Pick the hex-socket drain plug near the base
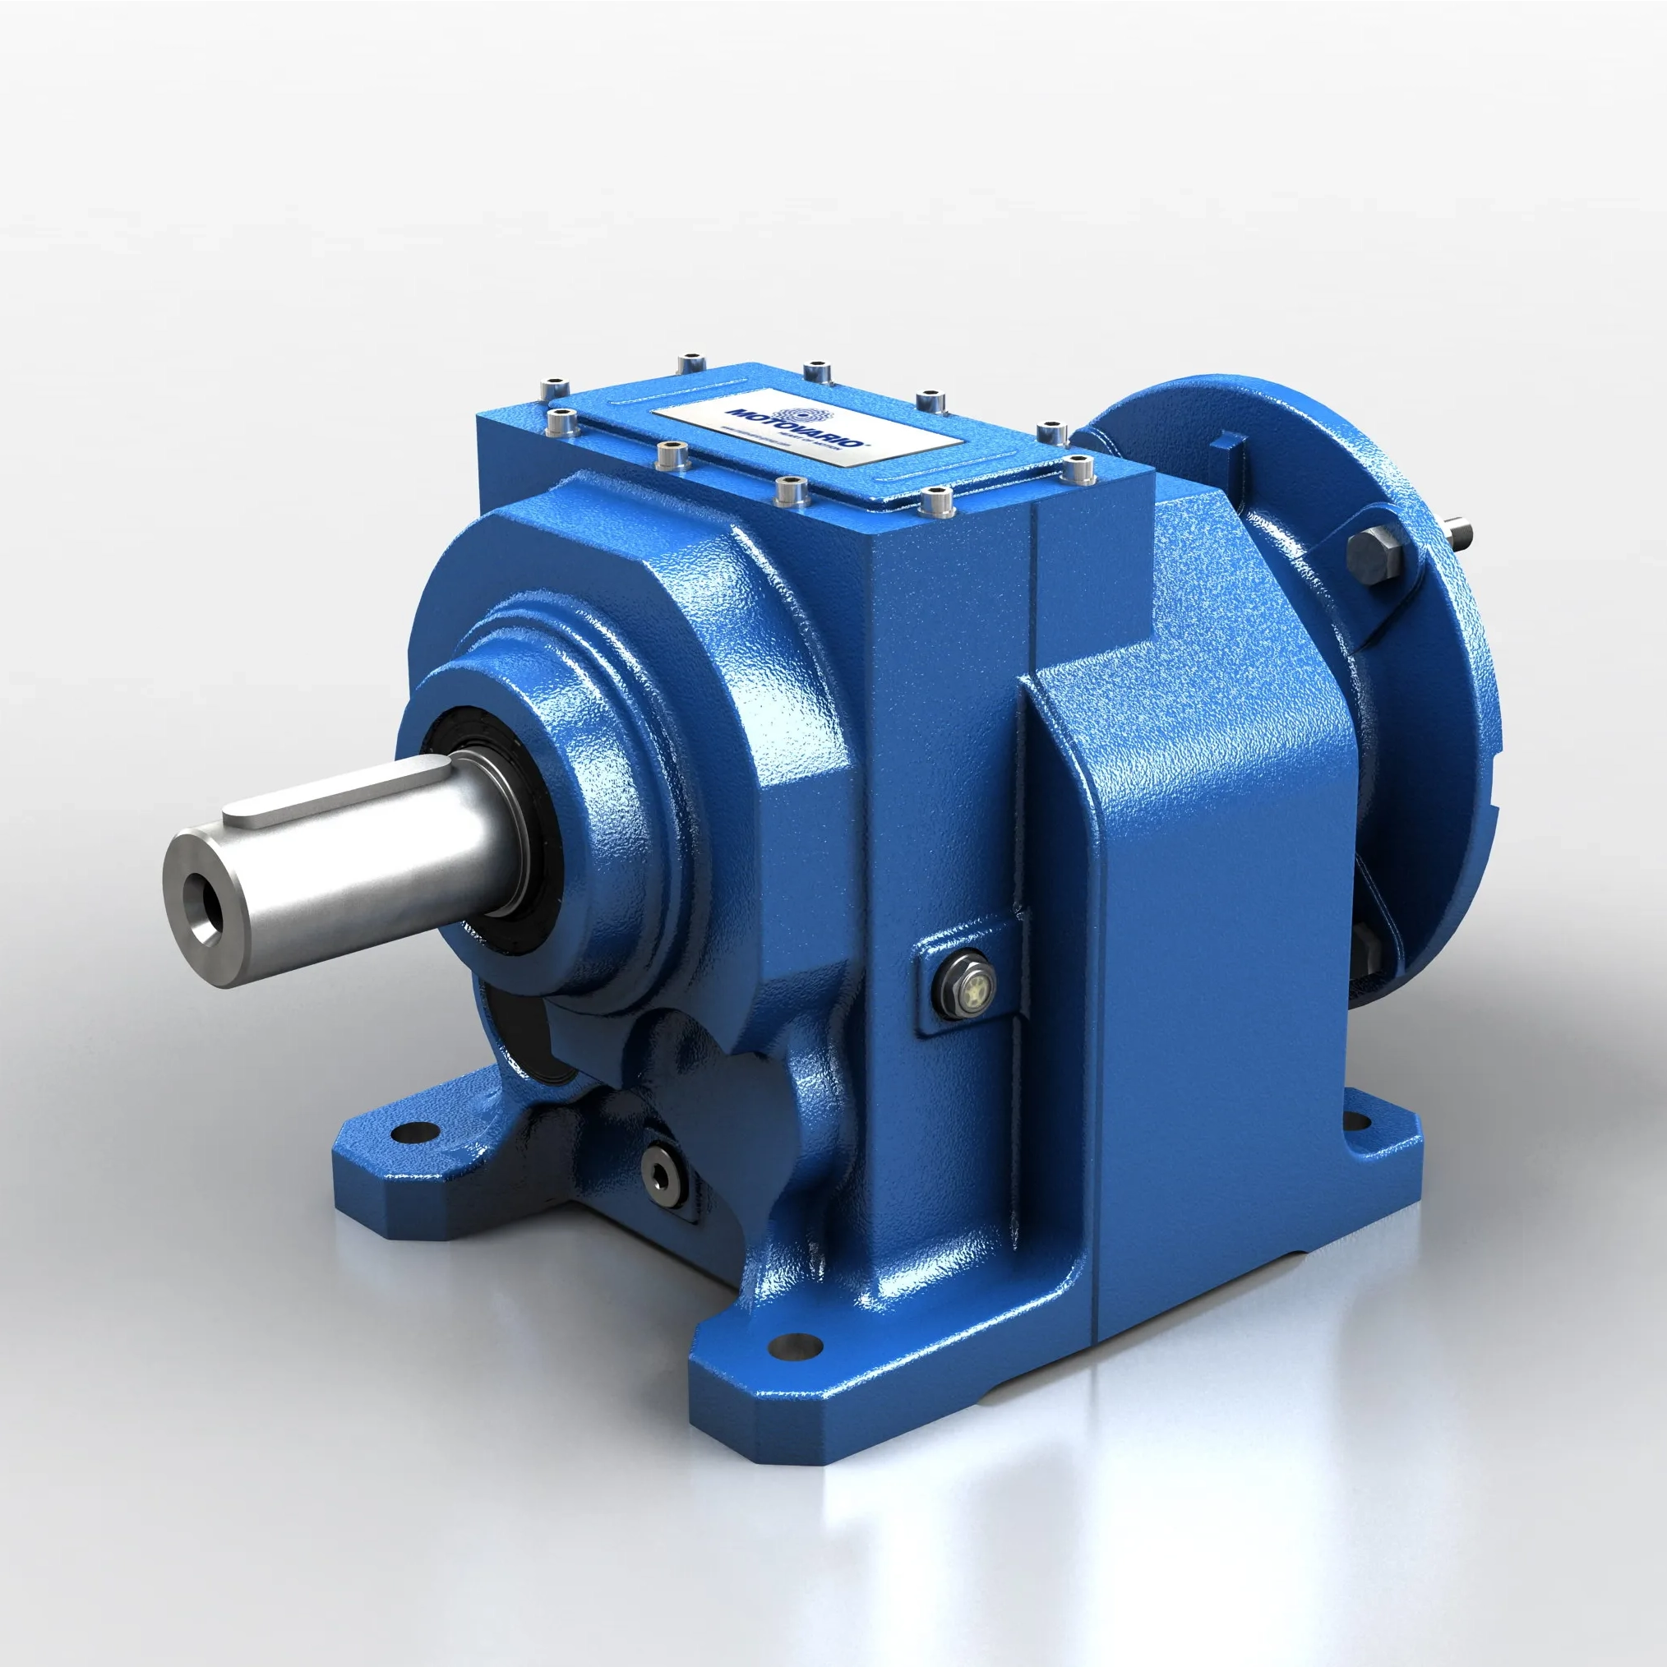(662, 1171)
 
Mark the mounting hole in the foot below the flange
(1357, 1122)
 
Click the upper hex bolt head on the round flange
(1373, 553)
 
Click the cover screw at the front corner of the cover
(936, 500)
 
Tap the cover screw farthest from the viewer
(691, 362)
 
